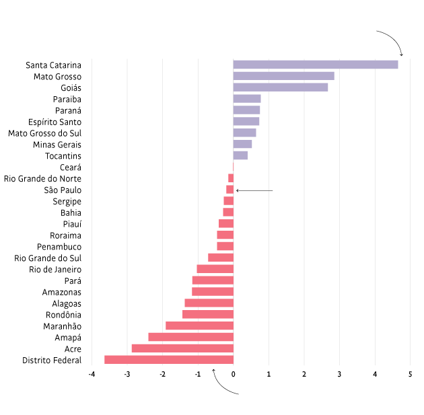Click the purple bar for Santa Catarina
[x=315, y=65]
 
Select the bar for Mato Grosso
[x=283, y=76]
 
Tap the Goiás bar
[x=280, y=87]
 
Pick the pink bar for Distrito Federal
[x=169, y=360]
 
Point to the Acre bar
[x=182, y=348]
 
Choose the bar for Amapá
[x=191, y=337]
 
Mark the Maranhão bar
[x=199, y=326]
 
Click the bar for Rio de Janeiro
[x=215, y=269]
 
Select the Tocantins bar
[x=240, y=155]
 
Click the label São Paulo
[x=63, y=190]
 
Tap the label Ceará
[x=70, y=167]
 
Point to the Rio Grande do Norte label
[x=42, y=179]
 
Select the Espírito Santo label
[x=55, y=122]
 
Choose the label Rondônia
[x=63, y=315]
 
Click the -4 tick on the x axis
[x=92, y=374]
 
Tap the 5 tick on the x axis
[x=410, y=374]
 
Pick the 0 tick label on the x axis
[x=234, y=374]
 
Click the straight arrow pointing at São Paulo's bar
[x=254, y=190]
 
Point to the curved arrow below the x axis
[x=222, y=383]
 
